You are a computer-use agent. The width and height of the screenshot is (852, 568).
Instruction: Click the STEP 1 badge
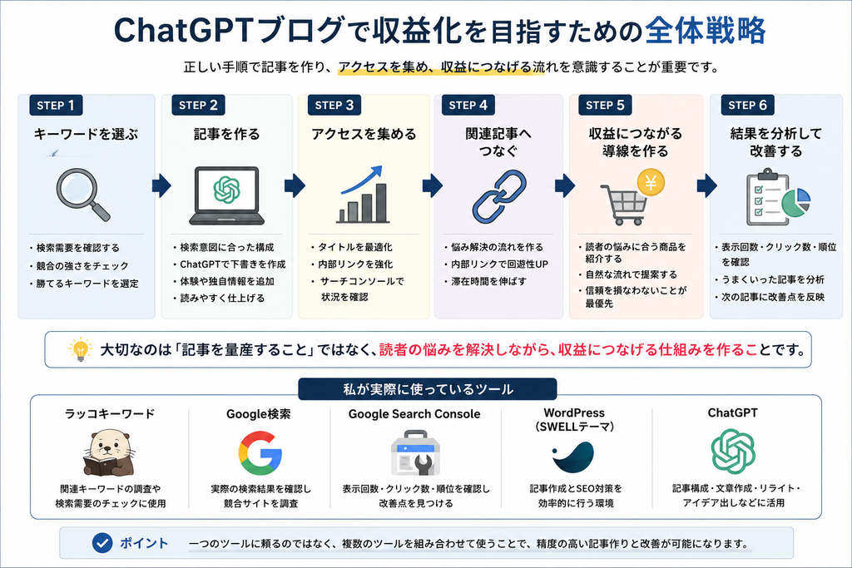coord(56,105)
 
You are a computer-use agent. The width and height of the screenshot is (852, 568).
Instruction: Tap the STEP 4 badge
coord(468,105)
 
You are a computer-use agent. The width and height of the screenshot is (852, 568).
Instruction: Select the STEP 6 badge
coord(747,105)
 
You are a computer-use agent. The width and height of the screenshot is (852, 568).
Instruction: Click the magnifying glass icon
coord(82,195)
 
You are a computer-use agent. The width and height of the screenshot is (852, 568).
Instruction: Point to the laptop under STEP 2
coord(226,196)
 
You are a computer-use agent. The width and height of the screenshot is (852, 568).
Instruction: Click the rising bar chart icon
coord(363,195)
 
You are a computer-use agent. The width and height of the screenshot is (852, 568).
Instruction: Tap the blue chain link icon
coord(499,196)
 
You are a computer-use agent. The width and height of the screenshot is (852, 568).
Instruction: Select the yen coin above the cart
coord(651,182)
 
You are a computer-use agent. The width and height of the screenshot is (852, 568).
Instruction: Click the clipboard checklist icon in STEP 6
coord(767,197)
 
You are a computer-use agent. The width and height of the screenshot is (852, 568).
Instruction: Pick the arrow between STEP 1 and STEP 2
coord(161,185)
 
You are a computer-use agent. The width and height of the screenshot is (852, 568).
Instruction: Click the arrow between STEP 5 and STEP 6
coord(706,185)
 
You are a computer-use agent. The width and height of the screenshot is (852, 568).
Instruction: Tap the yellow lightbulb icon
coord(80,349)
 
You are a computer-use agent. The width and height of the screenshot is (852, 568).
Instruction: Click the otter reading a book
coord(109,453)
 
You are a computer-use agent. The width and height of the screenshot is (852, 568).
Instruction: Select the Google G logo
coord(260,453)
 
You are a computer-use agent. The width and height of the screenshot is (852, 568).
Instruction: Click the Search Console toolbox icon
coord(415,453)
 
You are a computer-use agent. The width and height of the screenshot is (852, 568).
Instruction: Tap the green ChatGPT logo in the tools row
coord(733,452)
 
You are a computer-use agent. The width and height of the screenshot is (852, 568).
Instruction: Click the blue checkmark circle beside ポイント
coord(102,542)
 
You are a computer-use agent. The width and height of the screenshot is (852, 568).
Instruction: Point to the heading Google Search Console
coord(414,414)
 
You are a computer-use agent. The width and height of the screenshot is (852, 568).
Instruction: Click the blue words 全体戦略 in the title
coord(706,31)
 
